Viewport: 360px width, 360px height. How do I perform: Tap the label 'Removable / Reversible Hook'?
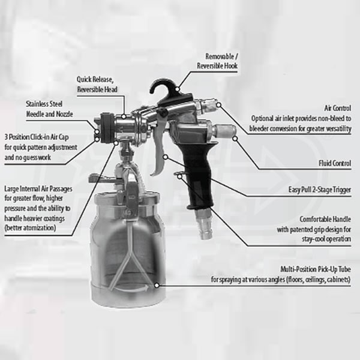coord(217,61)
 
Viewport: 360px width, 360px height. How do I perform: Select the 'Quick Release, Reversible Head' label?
coord(97,84)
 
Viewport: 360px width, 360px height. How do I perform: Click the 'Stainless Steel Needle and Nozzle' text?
coord(49,109)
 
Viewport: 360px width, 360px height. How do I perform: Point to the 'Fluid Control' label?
coord(335,163)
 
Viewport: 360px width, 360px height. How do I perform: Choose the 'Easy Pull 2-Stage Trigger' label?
coord(320,190)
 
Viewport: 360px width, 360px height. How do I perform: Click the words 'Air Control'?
coord(337,108)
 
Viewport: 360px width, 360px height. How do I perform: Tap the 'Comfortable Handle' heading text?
coord(325,219)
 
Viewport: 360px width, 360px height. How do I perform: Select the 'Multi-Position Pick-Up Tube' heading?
coord(316,269)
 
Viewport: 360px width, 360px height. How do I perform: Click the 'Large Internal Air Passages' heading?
coord(38,189)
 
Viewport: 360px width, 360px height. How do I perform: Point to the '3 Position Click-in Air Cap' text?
coord(37,137)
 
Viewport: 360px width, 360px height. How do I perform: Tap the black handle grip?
coord(199,175)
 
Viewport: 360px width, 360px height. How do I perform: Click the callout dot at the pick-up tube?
coord(157,286)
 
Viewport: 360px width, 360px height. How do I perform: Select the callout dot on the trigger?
coord(166,157)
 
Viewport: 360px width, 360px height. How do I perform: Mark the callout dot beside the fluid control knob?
coord(235,139)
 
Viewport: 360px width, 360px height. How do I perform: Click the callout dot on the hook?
coord(177,89)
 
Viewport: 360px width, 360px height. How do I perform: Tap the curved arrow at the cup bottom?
coord(131,289)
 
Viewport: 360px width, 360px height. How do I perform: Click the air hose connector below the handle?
coord(204,224)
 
